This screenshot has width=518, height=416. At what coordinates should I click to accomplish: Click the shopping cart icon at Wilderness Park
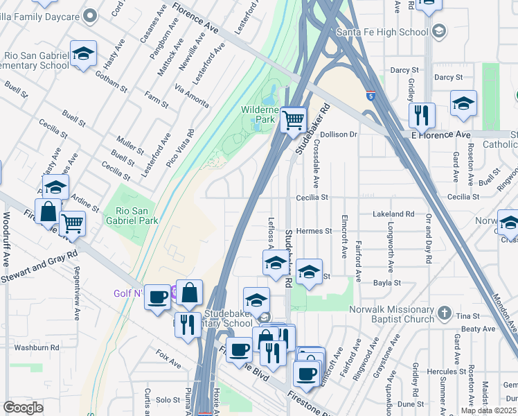[x=294, y=120]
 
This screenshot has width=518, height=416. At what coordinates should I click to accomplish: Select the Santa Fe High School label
[x=382, y=32]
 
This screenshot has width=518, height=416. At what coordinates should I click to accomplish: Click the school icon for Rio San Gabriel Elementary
[x=83, y=54]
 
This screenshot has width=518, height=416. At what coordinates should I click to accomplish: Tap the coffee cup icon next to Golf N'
[x=159, y=296]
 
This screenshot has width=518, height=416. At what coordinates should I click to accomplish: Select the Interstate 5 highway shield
[x=370, y=96]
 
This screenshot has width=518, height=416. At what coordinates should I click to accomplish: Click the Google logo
[x=23, y=408]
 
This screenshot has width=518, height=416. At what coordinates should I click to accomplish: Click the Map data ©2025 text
[x=488, y=410]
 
